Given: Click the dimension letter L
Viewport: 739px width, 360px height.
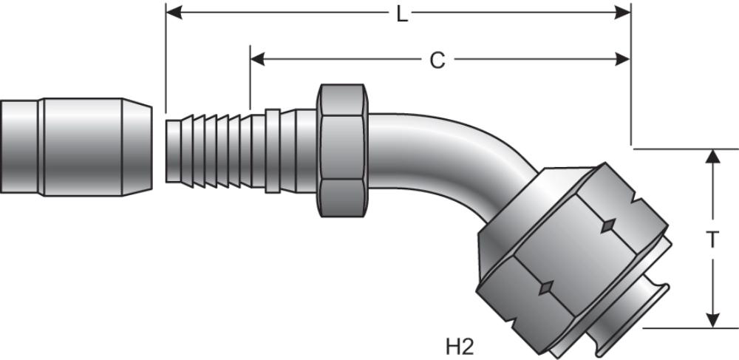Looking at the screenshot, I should (401, 14).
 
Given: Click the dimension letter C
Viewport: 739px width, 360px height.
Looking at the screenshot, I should (437, 61).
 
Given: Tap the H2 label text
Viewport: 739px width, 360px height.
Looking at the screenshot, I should (459, 344).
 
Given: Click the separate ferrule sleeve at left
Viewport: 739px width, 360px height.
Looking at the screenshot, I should (74, 147).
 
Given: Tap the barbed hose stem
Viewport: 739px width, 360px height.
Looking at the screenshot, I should (214, 149).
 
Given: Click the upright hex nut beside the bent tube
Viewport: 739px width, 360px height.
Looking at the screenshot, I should (342, 150).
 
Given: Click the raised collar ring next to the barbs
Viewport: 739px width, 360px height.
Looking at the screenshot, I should (272, 151).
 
